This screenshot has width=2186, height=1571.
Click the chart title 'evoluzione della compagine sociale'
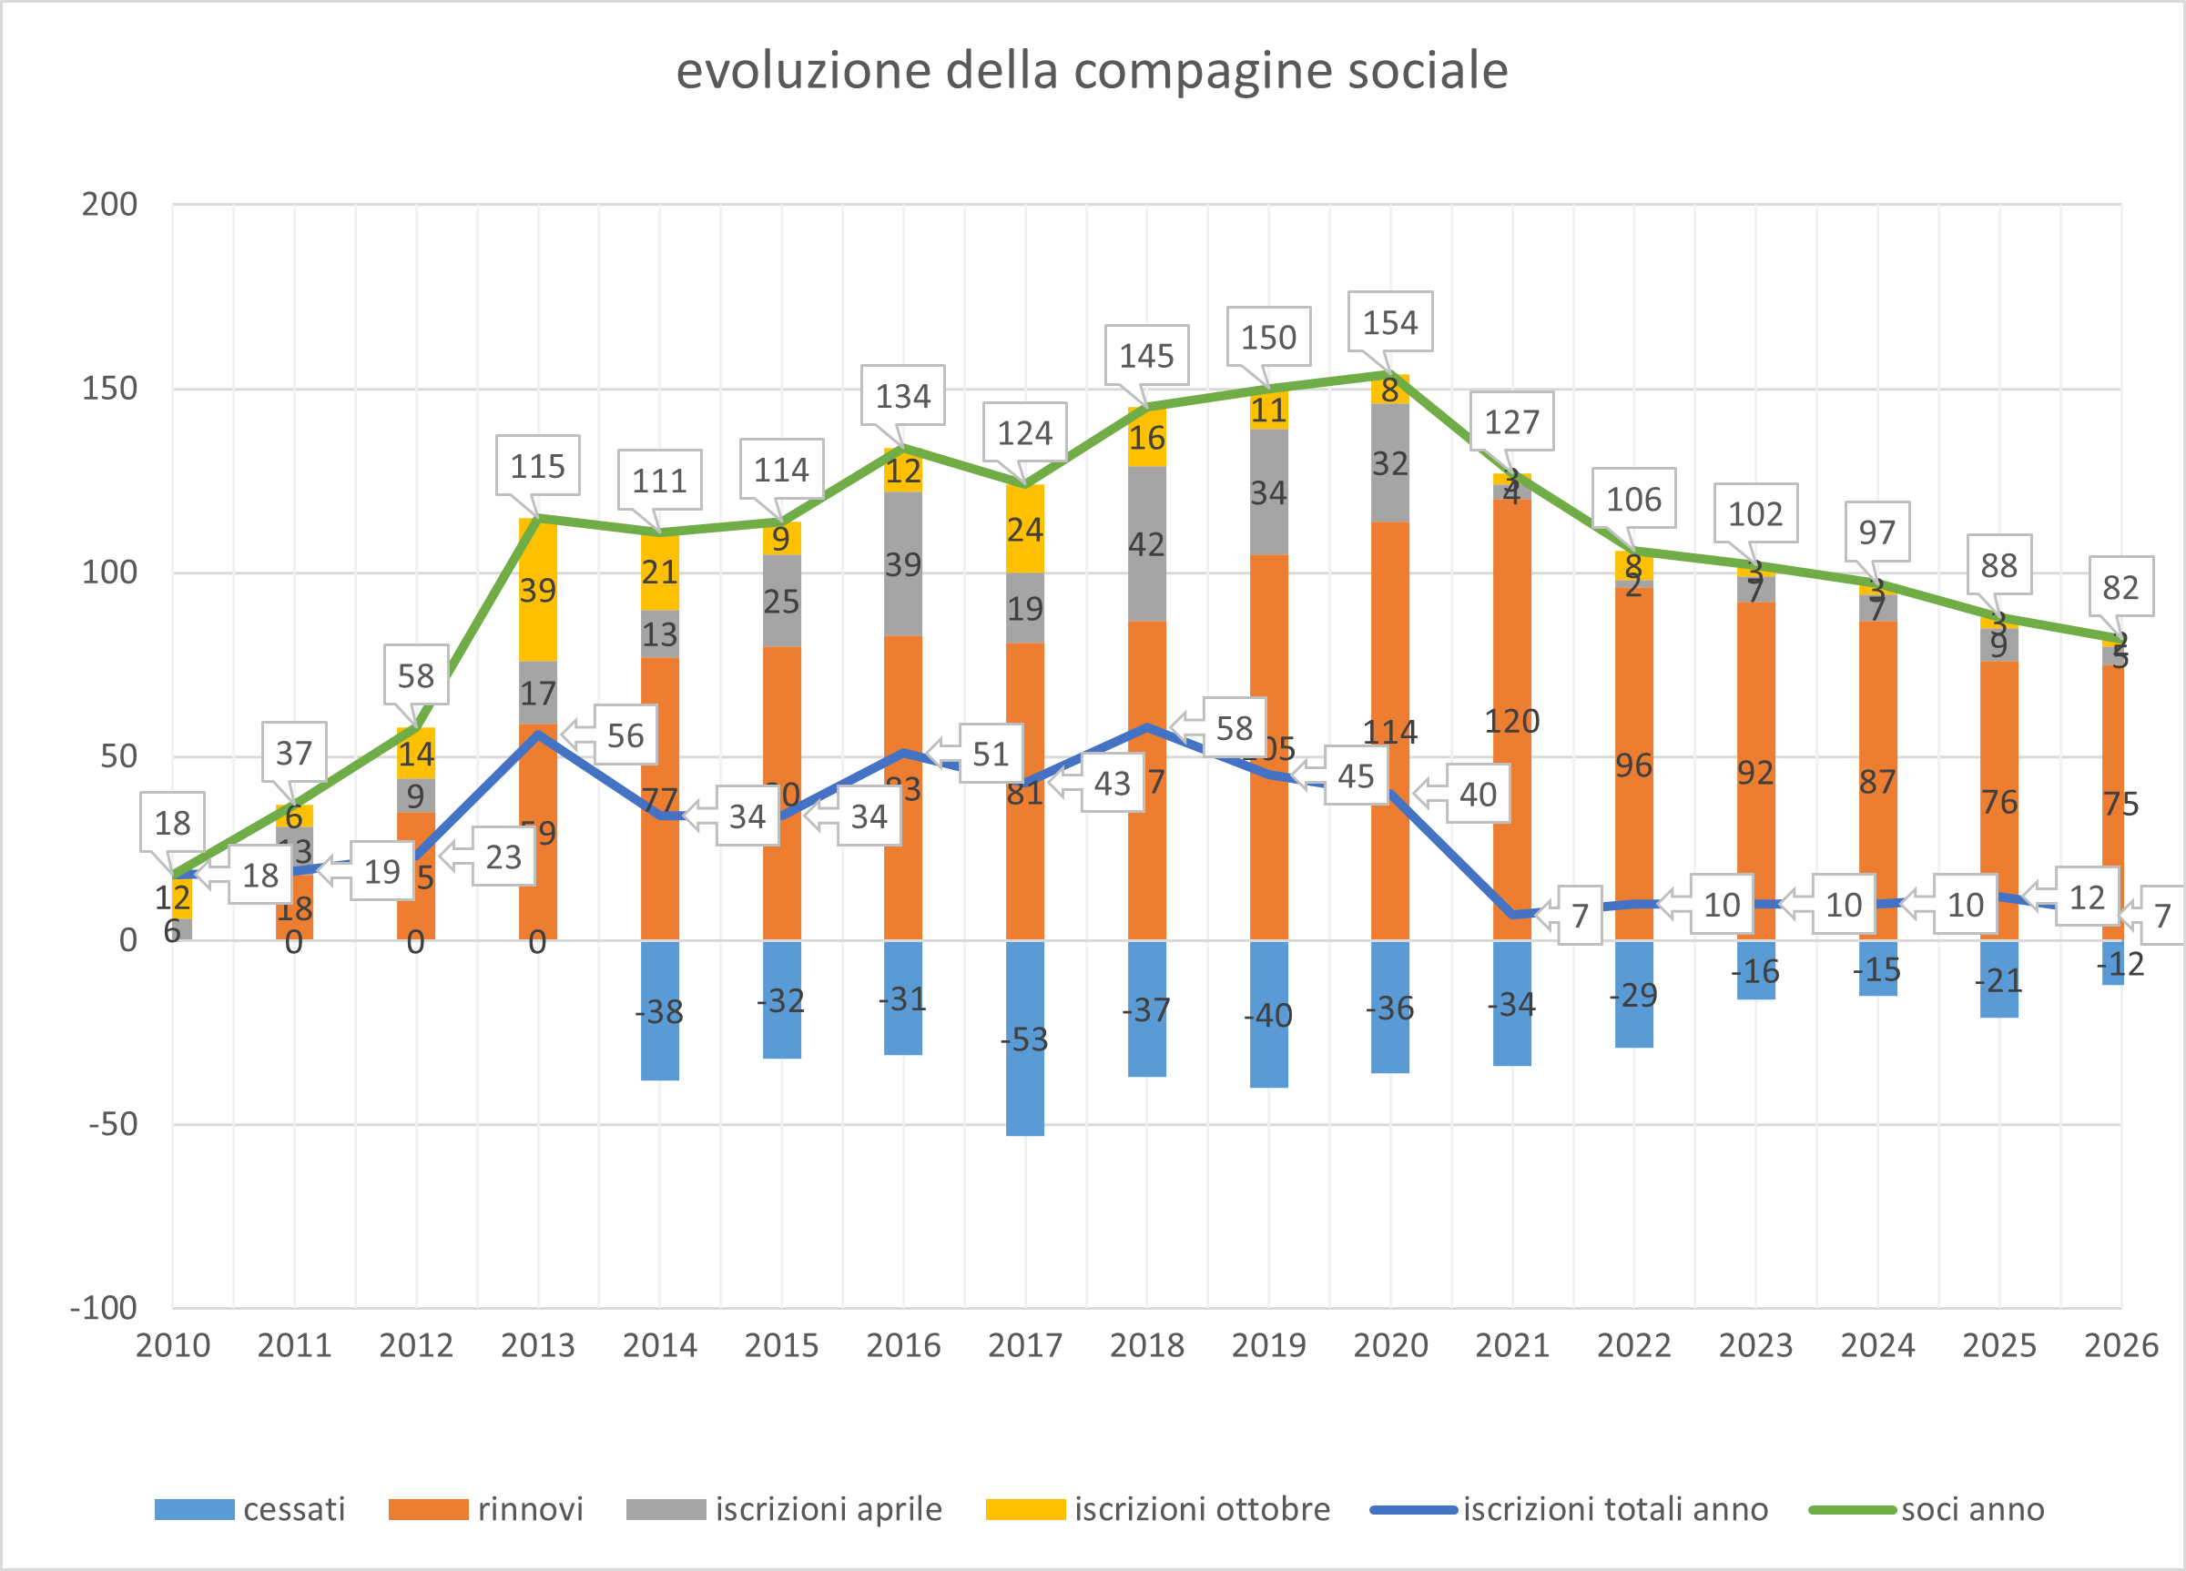tap(1091, 70)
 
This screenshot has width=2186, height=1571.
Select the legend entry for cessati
tap(249, 1508)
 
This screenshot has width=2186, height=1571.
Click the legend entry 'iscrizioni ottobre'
tap(1157, 1508)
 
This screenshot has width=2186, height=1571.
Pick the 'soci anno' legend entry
tap(1927, 1508)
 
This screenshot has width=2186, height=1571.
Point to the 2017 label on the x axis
tap(1024, 1344)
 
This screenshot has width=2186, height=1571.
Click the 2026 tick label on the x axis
tap(2120, 1344)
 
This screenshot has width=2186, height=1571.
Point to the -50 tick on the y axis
tap(113, 1124)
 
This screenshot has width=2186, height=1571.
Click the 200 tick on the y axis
tap(110, 204)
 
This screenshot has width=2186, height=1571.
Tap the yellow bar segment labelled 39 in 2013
tap(538, 590)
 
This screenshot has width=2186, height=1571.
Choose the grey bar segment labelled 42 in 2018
tap(1147, 544)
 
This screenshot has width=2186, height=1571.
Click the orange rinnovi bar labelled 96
tap(1633, 765)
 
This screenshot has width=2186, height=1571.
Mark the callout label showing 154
tap(1390, 322)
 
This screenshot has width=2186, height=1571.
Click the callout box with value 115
tap(538, 465)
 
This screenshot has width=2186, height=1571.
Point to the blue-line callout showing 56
tap(625, 735)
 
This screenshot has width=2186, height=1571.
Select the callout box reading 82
tap(2120, 586)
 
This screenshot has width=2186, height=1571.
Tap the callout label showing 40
tap(1478, 795)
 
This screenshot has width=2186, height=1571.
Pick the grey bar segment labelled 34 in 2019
tap(1268, 492)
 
